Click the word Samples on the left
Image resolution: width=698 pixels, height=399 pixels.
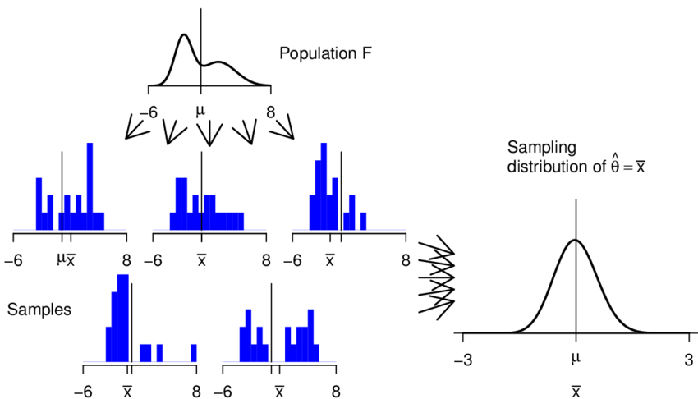click(x=39, y=310)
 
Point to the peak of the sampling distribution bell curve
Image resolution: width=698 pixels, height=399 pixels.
click(x=576, y=241)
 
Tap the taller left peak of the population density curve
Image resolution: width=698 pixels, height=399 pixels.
click(x=184, y=36)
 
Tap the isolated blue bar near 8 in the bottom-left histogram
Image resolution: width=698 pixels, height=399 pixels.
click(x=194, y=352)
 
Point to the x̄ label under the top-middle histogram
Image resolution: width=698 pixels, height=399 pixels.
click(x=201, y=261)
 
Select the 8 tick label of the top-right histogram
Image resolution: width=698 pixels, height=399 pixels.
click(x=405, y=260)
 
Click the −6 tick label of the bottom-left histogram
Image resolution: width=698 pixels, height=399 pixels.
click(x=85, y=391)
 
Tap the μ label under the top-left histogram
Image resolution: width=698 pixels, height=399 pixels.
click(x=60, y=260)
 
